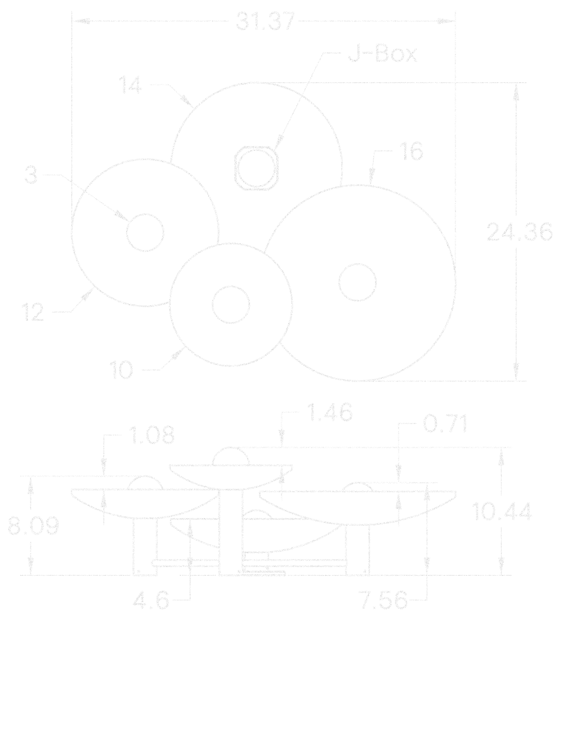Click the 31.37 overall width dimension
(x=265, y=22)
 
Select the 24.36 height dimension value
(x=519, y=232)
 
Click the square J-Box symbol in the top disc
(x=256, y=168)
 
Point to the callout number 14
(x=130, y=85)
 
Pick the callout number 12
(x=33, y=312)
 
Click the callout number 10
(x=121, y=370)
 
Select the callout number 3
(x=31, y=175)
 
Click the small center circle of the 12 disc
(x=145, y=233)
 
